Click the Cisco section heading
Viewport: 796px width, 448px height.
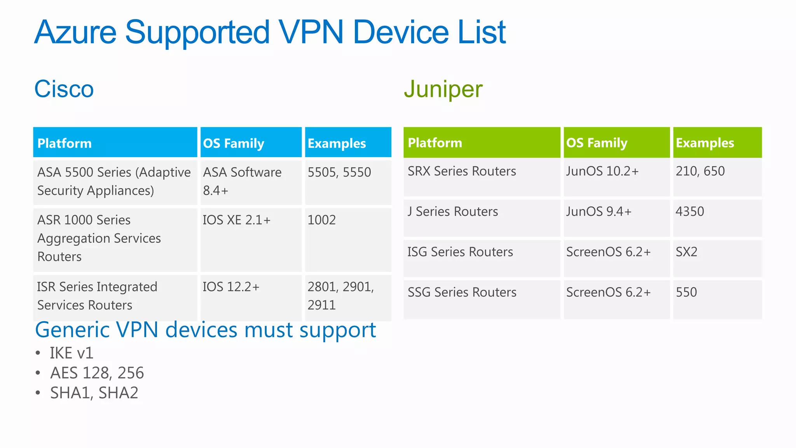64,89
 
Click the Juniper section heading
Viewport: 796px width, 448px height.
443,89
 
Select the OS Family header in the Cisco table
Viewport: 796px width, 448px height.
234,143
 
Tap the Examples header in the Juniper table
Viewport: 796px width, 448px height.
705,143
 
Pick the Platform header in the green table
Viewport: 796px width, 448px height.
435,143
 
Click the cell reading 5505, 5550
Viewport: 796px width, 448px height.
339,172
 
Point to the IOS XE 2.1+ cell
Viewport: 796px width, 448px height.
237,220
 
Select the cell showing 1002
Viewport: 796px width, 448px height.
321,220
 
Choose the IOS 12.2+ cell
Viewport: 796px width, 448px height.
231,287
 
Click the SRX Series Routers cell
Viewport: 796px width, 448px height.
462,171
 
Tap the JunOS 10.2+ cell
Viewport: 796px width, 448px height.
602,171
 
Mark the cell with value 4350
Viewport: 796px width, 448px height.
690,212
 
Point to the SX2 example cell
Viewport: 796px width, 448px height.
686,252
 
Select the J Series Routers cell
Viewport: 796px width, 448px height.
453,212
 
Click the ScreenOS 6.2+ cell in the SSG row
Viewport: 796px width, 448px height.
608,292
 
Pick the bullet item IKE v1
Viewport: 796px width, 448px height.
72,353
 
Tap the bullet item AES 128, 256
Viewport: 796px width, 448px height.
97,373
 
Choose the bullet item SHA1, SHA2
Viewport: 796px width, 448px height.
94,393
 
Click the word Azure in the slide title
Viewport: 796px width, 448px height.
75,32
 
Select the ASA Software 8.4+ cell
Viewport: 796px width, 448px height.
242,181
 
